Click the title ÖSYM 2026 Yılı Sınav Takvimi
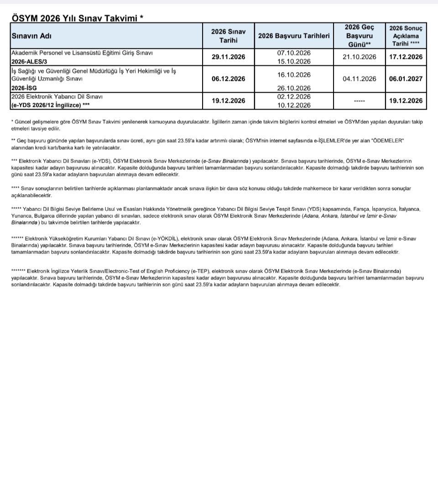[x=77, y=17]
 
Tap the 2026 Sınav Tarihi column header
[x=228, y=36]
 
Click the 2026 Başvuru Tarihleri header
[x=293, y=36]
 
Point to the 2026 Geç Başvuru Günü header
[x=359, y=35]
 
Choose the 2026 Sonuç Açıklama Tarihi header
[x=406, y=36]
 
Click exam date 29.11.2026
[x=228, y=57]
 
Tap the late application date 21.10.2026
[x=359, y=57]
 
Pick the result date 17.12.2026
[x=406, y=57]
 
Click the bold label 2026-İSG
[x=24, y=88]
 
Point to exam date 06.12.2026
[x=228, y=79]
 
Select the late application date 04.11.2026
[x=359, y=79]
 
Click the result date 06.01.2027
[x=406, y=79]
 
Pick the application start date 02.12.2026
[x=293, y=97]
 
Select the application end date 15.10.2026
[x=293, y=62]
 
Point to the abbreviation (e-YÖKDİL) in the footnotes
[x=164, y=239]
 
